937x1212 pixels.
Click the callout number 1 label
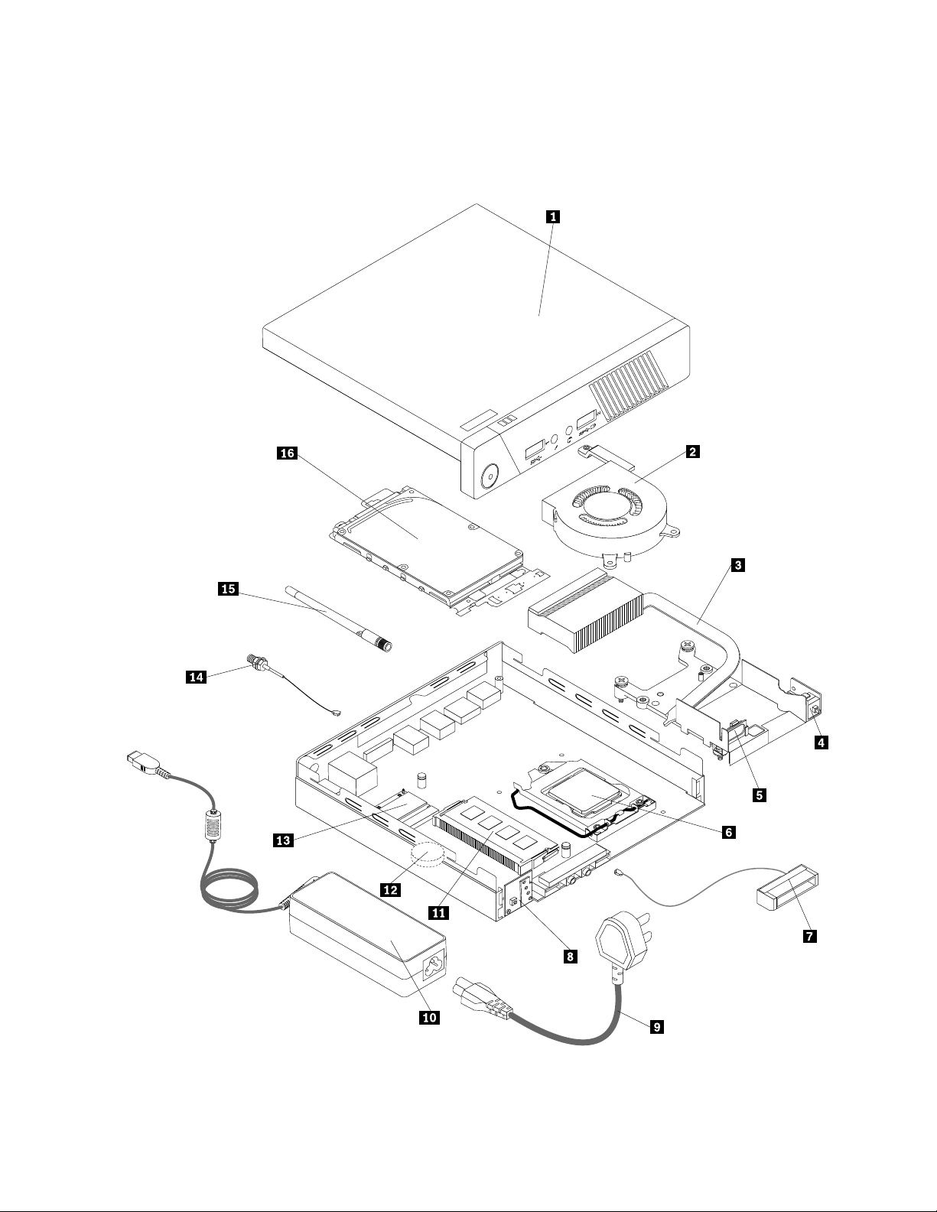point(552,217)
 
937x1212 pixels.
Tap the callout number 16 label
point(288,453)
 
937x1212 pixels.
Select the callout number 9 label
point(657,1027)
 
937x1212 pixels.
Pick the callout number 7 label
point(809,936)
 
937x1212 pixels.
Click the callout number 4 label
point(821,742)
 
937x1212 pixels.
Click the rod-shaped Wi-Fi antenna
point(338,617)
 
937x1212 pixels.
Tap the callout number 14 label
point(197,677)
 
